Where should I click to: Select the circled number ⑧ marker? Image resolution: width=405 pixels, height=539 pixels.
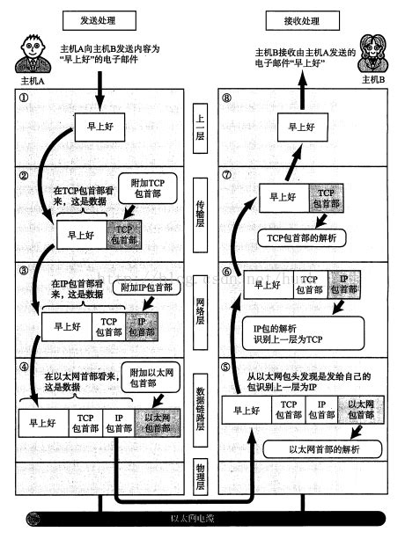(x=228, y=98)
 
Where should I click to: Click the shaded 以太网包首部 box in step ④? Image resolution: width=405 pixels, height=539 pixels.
(x=158, y=420)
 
